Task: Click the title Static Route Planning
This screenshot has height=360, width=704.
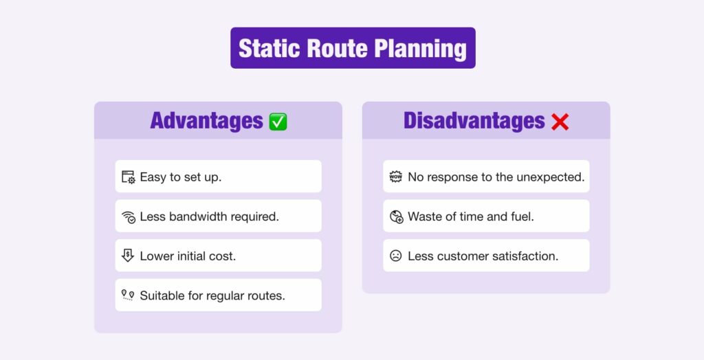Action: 352,48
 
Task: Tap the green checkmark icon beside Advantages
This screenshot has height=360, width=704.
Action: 278,122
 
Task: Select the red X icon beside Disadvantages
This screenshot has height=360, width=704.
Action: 560,122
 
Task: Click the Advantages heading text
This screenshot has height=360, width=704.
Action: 206,121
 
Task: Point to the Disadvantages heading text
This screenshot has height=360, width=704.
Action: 474,121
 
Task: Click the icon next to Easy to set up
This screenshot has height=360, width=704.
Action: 129,177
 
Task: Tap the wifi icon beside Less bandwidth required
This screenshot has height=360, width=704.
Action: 129,216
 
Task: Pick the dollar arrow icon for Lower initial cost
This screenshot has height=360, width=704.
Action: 128,256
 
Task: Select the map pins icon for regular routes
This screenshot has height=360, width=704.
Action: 128,295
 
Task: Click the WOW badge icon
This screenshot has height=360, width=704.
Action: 396,177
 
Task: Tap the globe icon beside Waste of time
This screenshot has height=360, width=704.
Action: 396,216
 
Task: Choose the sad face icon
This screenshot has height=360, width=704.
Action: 396,256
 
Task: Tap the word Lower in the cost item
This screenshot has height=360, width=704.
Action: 156,256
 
